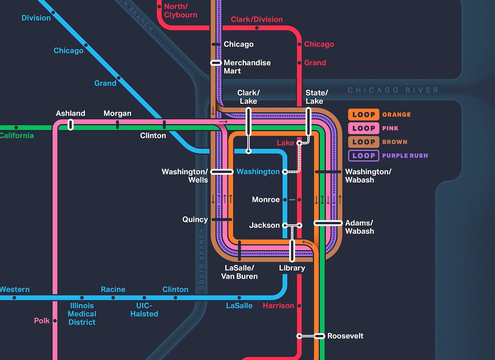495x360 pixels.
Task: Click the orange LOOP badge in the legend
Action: point(364,115)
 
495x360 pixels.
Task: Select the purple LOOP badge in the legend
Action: point(364,156)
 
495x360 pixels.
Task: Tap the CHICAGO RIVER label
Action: point(393,90)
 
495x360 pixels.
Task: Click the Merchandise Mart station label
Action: point(247,67)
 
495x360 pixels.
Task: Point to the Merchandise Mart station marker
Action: point(216,63)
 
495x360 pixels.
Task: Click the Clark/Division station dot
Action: point(257,28)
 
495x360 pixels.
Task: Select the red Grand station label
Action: point(315,63)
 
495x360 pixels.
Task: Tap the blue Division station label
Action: point(36,18)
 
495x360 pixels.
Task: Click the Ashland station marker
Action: point(71,125)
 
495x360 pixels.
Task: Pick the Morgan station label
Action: point(117,113)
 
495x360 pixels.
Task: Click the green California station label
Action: point(16,136)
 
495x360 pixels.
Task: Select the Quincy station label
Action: point(195,219)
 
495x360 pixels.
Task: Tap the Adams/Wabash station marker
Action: point(328,223)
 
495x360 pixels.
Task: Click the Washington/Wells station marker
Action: point(222,172)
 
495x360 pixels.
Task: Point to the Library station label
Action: point(292,268)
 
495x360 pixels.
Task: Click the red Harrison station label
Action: point(278,306)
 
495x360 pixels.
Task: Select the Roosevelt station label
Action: point(345,336)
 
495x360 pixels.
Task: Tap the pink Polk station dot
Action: point(55,321)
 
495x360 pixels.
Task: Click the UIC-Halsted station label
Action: point(144,310)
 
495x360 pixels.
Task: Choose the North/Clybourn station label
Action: point(181,11)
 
